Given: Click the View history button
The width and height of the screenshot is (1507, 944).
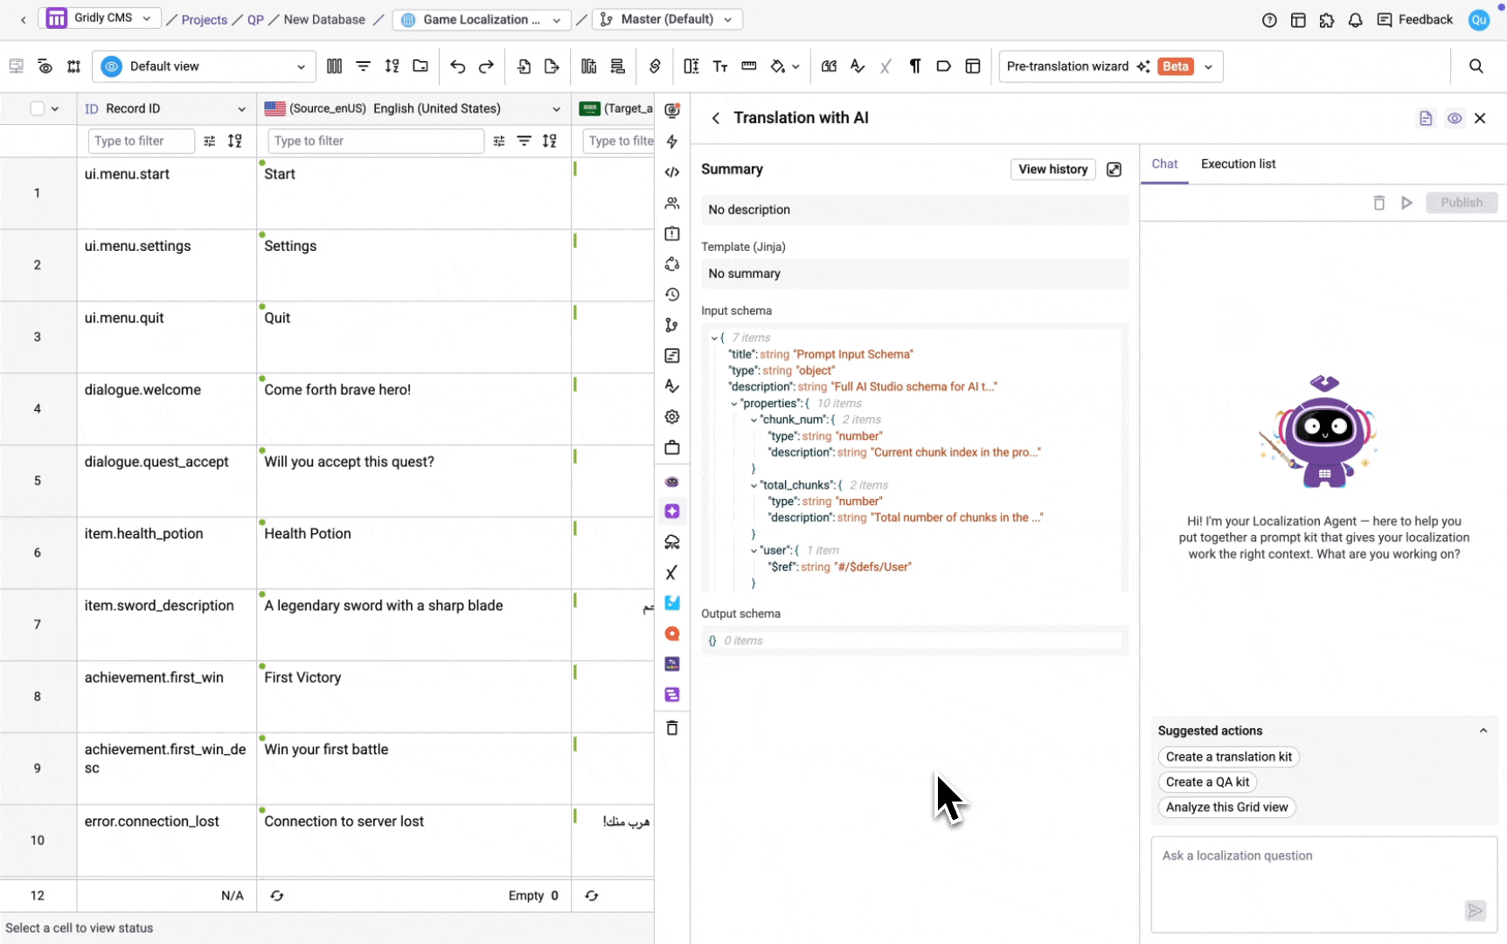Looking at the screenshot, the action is (1052, 169).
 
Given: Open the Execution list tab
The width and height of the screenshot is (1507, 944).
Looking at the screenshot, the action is (1238, 163).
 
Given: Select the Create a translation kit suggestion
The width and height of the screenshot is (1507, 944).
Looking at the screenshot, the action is (1228, 757).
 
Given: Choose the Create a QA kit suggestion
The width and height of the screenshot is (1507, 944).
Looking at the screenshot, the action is (1207, 782).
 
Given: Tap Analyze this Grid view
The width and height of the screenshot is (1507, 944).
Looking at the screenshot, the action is (1226, 808).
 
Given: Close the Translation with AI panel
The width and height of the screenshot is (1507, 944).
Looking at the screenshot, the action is (1480, 118).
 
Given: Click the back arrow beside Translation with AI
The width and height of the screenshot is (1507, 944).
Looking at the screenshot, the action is (715, 118).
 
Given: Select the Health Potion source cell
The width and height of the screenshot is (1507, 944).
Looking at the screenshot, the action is (413, 553).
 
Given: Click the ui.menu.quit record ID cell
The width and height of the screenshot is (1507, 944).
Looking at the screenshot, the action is (166, 337).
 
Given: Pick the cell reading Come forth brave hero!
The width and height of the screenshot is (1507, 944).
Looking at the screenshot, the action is (413, 409).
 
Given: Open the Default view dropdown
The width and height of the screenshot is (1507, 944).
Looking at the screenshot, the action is (204, 66).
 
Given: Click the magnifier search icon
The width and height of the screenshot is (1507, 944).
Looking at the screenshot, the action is (1476, 66).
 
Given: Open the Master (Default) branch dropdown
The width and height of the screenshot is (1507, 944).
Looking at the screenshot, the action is (667, 19).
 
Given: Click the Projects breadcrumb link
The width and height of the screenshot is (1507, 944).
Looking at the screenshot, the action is (204, 19).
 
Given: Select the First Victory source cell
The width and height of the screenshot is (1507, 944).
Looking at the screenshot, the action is (413, 697).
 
